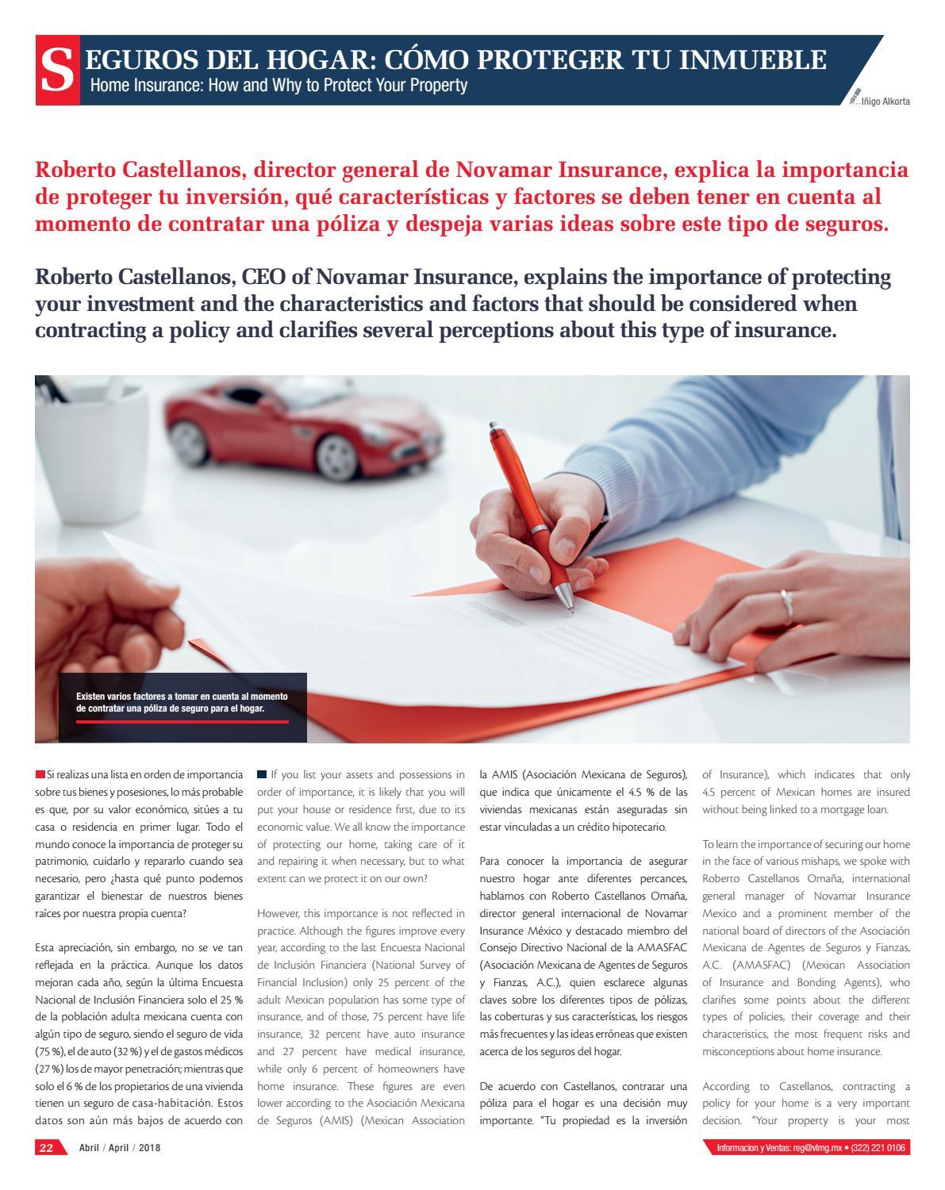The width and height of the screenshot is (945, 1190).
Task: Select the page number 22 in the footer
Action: tap(47, 1148)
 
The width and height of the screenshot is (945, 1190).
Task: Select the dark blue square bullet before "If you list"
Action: tap(262, 774)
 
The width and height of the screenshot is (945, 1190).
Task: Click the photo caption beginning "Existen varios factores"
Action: tap(182, 702)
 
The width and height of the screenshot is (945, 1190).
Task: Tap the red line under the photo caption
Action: tap(182, 722)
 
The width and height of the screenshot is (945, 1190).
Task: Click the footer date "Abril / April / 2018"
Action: tap(119, 1148)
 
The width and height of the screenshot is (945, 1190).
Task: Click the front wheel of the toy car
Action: tap(332, 453)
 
